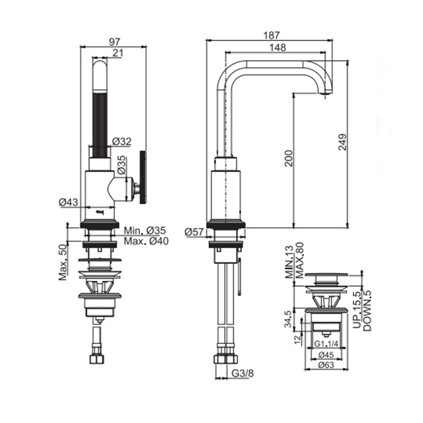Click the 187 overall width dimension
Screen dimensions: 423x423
(x=272, y=35)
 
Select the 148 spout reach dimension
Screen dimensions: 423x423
(x=277, y=48)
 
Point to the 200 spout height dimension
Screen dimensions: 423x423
(x=289, y=158)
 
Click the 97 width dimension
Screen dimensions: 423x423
(x=114, y=42)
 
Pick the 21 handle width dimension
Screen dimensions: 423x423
(x=117, y=53)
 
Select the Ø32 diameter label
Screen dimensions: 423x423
(x=121, y=141)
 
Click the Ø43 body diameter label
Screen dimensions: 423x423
(x=68, y=202)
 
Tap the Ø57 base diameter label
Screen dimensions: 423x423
(x=194, y=231)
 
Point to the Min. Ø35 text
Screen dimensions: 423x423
(x=145, y=231)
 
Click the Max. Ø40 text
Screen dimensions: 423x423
(x=146, y=241)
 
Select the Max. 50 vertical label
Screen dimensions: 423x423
(x=63, y=262)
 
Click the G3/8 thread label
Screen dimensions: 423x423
(x=243, y=373)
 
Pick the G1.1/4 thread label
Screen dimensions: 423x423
(x=326, y=344)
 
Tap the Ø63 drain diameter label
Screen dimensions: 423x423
(x=326, y=365)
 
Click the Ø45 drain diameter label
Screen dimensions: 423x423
(x=326, y=355)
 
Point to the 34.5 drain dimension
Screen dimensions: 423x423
(x=288, y=319)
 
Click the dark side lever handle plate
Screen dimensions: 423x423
(x=143, y=178)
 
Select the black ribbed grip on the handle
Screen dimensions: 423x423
(x=100, y=125)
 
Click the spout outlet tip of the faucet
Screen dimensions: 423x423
(x=326, y=93)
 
